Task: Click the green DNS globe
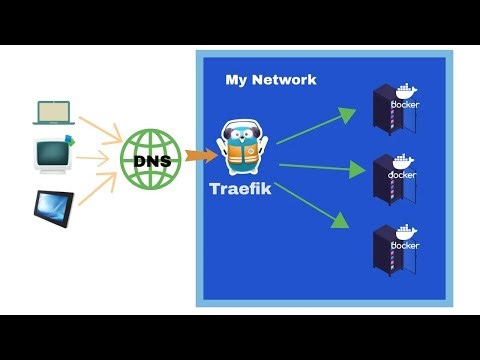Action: click(x=151, y=158)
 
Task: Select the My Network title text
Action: click(x=271, y=80)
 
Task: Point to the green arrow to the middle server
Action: click(x=320, y=167)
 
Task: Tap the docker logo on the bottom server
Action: click(x=404, y=239)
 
